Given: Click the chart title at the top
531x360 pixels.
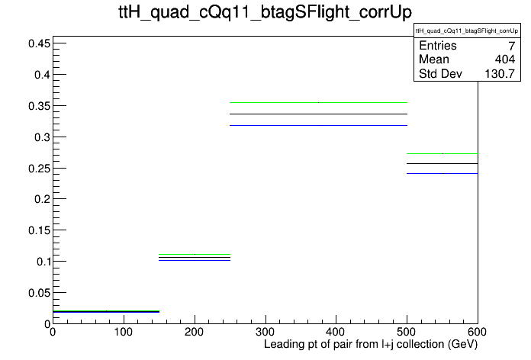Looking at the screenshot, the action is (265, 12).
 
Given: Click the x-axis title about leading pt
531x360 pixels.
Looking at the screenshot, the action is (371, 345).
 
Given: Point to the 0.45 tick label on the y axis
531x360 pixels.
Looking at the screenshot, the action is (39, 43).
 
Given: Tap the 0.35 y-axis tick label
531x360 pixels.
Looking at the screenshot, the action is (39, 106).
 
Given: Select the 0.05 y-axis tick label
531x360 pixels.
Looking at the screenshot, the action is (39, 293).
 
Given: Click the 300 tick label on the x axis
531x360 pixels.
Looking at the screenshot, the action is (265, 332).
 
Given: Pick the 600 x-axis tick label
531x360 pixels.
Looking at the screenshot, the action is (477, 332).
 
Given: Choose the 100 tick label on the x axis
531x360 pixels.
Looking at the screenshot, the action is (124, 332).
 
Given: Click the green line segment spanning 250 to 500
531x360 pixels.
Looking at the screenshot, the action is (318, 102).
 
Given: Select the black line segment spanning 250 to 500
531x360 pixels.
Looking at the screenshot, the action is (318, 114).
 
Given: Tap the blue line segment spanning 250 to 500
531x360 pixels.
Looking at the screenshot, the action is (318, 126).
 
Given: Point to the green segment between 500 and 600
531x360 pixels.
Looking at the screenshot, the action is (443, 154).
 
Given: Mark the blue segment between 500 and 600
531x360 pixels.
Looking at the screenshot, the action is (443, 173).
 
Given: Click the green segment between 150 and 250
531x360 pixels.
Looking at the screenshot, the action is (195, 254).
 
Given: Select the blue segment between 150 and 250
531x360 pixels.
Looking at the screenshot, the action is (195, 260).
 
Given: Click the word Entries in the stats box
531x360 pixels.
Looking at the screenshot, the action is (437, 46).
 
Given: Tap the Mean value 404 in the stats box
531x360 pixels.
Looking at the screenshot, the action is (504, 59).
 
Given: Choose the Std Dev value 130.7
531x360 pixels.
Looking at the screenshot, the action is (500, 74).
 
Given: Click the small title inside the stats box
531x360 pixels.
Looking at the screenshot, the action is (467, 31).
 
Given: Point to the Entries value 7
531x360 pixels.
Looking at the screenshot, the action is (512, 46).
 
